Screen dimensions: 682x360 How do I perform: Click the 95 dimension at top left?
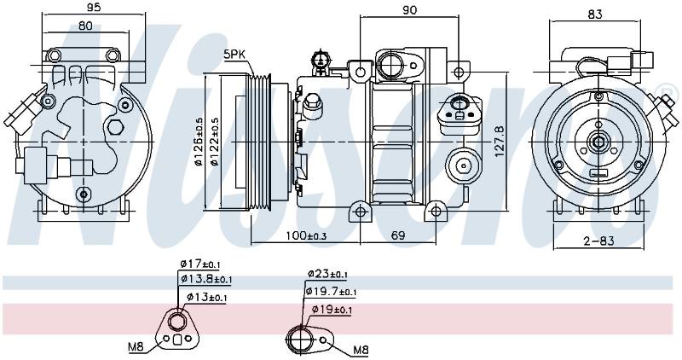[94, 7]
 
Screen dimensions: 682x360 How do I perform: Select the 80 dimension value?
[86, 26]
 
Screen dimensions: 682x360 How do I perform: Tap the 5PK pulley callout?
[235, 55]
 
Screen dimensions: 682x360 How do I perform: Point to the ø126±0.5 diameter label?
[199, 142]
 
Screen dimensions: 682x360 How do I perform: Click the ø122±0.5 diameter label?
[214, 142]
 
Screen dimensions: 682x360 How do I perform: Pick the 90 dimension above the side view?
[410, 9]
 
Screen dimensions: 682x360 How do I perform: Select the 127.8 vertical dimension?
[500, 142]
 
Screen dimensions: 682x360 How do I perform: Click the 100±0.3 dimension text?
[306, 235]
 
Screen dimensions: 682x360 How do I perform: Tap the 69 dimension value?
[398, 235]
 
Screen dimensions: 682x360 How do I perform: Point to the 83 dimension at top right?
[595, 15]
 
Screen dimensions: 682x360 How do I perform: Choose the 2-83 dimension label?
[599, 241]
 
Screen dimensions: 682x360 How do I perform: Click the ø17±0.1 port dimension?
[200, 264]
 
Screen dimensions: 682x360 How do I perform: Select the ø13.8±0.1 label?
[206, 279]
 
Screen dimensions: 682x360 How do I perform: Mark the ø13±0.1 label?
[206, 298]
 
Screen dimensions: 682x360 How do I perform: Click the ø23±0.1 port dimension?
[327, 274]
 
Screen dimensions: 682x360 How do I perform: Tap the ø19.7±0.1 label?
[331, 291]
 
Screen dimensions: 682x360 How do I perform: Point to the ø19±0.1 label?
[332, 310]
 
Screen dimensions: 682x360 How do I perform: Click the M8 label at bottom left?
[136, 347]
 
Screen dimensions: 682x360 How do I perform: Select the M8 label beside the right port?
[361, 350]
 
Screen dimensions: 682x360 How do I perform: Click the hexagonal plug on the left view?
[116, 127]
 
